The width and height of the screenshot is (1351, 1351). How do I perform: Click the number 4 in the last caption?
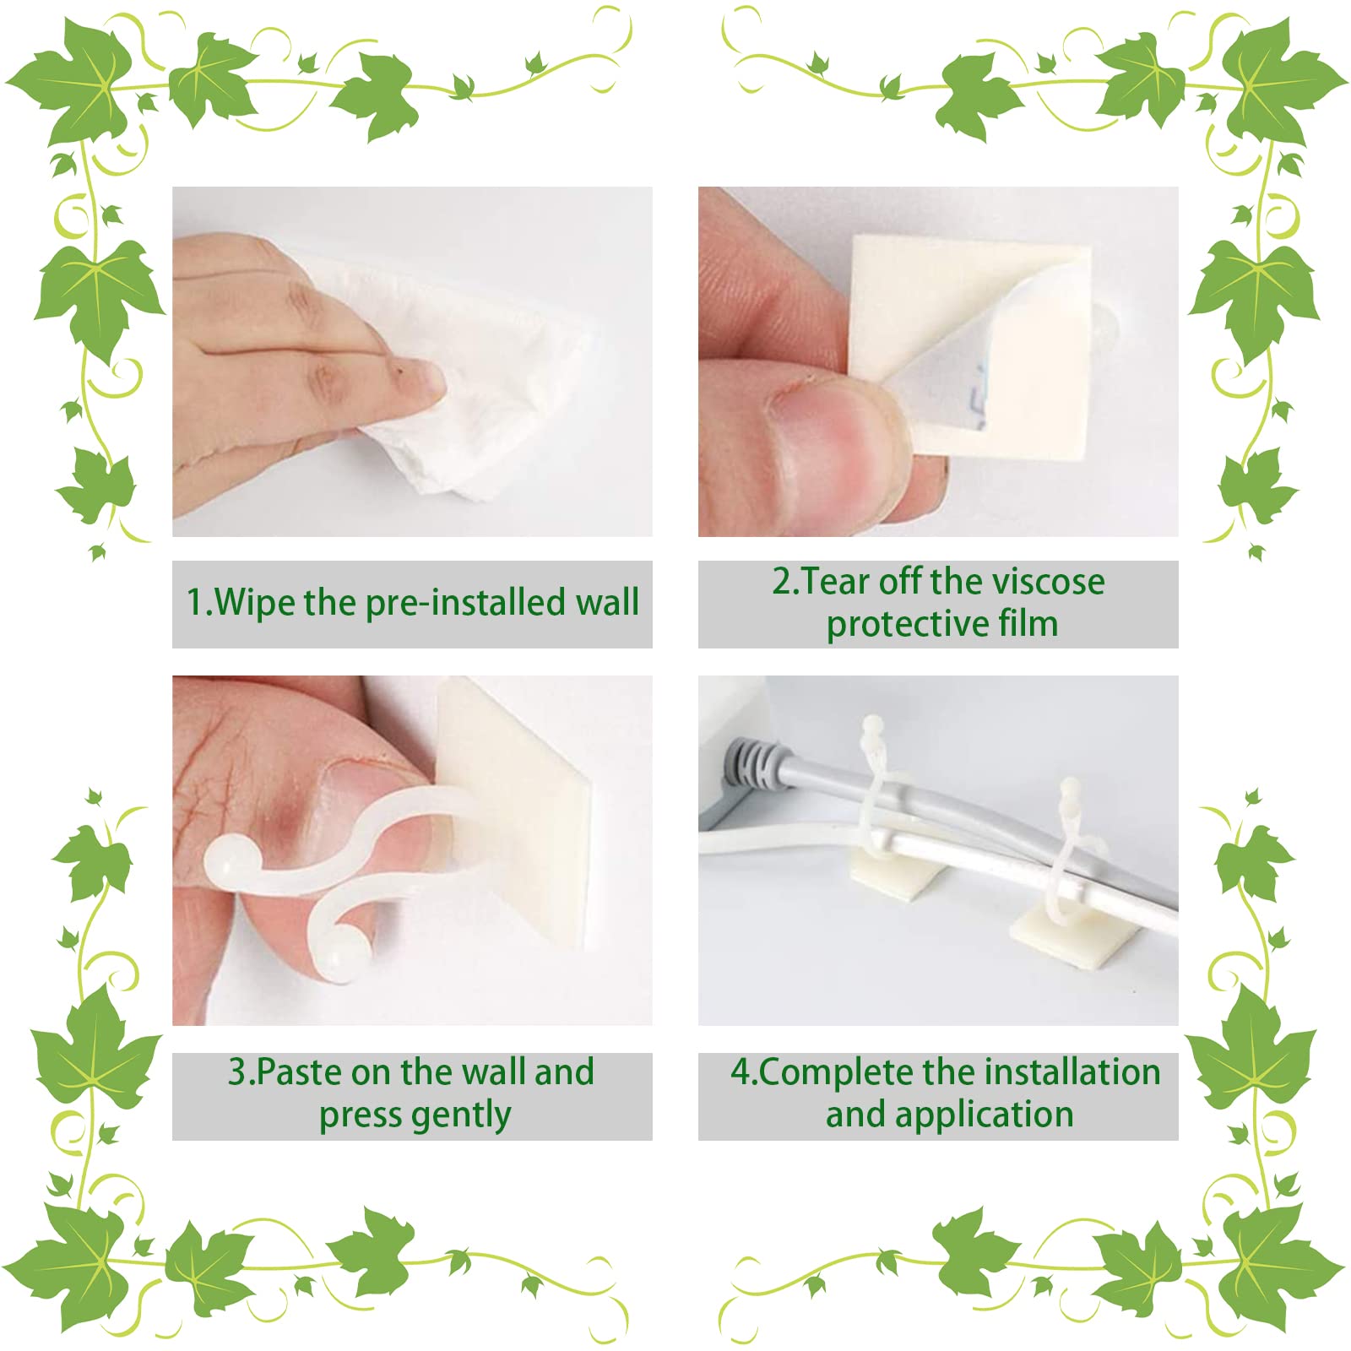pyautogui.click(x=740, y=1072)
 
